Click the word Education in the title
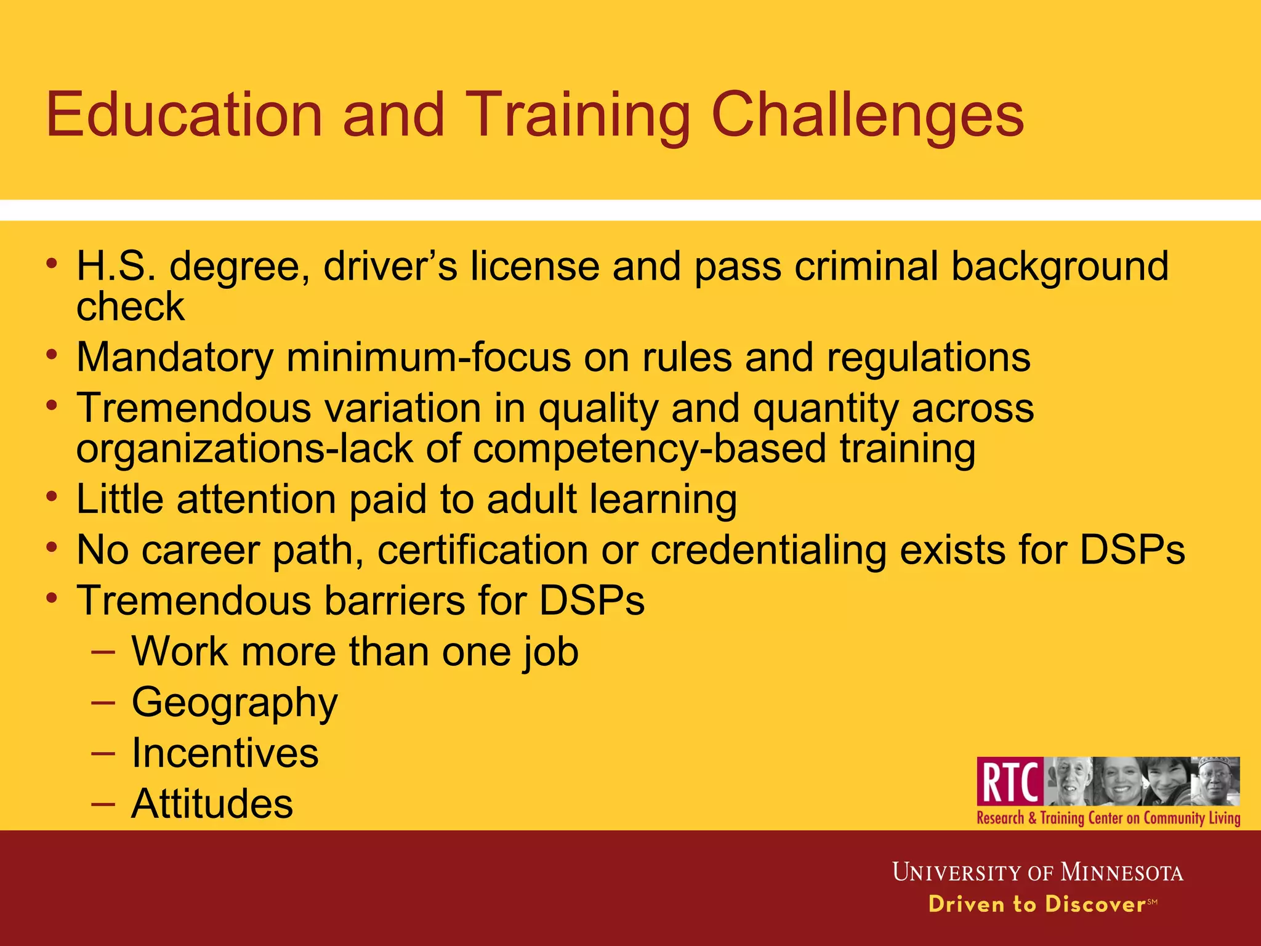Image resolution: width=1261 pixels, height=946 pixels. (x=184, y=115)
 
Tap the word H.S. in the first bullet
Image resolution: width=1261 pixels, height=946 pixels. (x=116, y=266)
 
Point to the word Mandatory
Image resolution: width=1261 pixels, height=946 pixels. (x=175, y=357)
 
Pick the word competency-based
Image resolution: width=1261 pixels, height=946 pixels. (x=650, y=448)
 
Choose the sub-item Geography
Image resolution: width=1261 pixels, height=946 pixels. (x=235, y=703)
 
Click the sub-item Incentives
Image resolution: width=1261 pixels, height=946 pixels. (x=225, y=753)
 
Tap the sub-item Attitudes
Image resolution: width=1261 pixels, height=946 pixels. (x=212, y=804)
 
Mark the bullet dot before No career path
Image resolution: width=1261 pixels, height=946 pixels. (x=52, y=547)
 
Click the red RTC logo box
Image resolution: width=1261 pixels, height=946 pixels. (x=1010, y=781)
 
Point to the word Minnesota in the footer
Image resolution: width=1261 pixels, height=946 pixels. (x=1121, y=873)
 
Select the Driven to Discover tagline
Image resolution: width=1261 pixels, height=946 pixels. (x=1037, y=904)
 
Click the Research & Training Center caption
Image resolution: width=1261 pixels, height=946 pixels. (x=1108, y=818)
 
